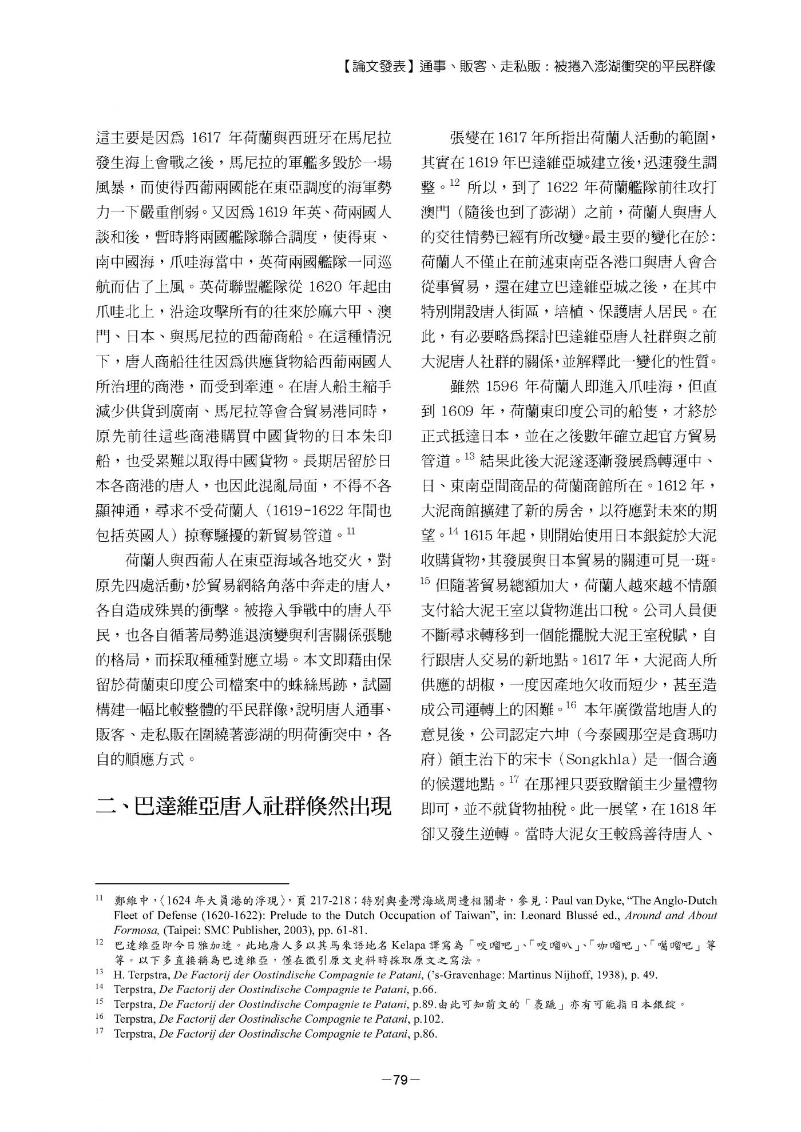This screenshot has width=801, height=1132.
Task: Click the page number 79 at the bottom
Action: (400, 1079)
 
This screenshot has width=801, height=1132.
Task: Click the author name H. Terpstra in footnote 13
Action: (133, 975)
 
